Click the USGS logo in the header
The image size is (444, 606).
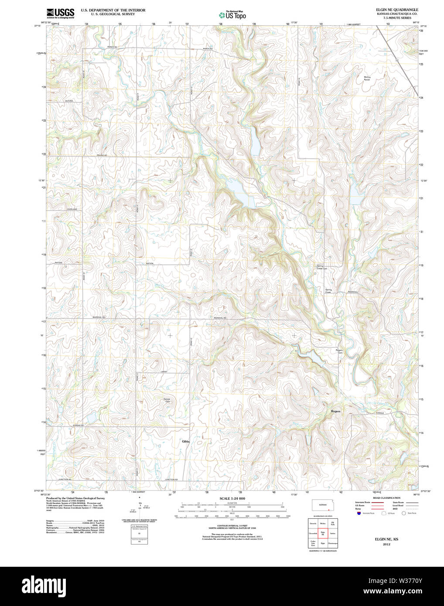[x=60, y=13]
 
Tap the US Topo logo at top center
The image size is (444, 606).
[x=232, y=15]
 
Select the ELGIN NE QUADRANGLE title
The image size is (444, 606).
[x=397, y=10]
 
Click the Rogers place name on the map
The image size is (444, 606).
[x=335, y=411]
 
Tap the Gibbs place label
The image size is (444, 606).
[x=186, y=441]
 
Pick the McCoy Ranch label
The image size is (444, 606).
[x=367, y=78]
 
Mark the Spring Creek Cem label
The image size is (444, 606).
[x=322, y=267]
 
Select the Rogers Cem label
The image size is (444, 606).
[x=339, y=351]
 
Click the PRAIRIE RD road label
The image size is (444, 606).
[x=102, y=155]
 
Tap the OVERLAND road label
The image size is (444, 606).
[x=72, y=209]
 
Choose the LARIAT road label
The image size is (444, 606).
[x=164, y=371]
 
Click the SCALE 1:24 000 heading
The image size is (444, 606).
[x=232, y=498]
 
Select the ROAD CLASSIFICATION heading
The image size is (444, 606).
[x=386, y=498]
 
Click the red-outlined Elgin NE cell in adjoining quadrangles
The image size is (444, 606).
[x=323, y=533]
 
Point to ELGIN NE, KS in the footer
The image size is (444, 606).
[x=386, y=539]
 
